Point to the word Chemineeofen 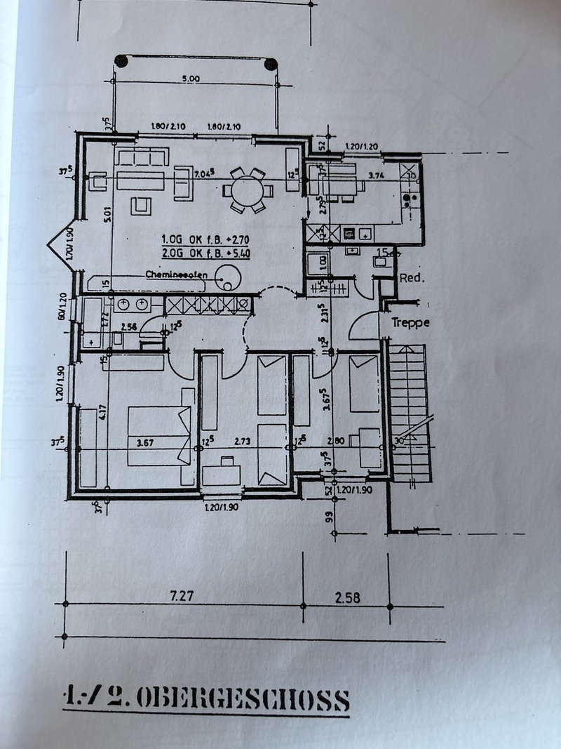click(176, 274)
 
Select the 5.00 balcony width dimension click(190, 79)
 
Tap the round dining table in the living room click(248, 190)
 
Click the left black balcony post click(122, 62)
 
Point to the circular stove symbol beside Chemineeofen click(228, 277)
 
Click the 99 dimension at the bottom click(327, 519)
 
